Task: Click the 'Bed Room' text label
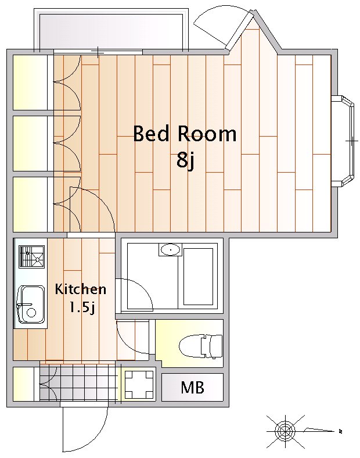tap(185, 134)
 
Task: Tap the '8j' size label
tap(185, 161)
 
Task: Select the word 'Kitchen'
tap(81, 289)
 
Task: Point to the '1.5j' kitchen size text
tap(81, 307)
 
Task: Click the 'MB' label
tap(192, 387)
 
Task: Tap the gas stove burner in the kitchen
tap(32, 257)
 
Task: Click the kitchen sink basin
tap(31, 305)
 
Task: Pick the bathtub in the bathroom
tap(198, 277)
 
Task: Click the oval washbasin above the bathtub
tap(170, 250)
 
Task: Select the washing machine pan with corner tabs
tap(139, 385)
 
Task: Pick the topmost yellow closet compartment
tap(30, 82)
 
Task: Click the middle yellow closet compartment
tap(30, 144)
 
